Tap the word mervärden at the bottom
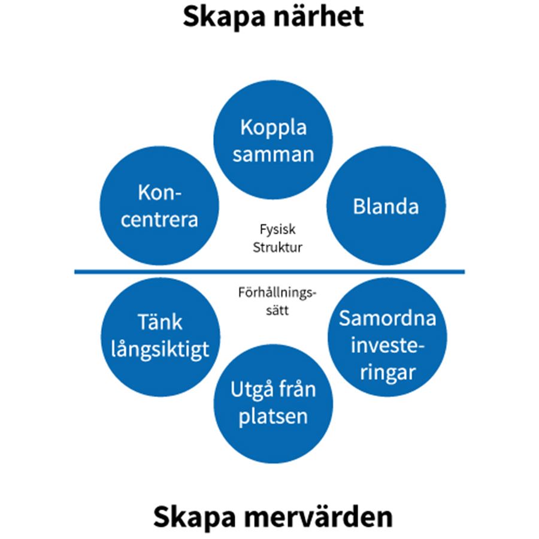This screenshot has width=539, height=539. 324,516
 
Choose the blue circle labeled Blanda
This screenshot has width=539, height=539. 386,207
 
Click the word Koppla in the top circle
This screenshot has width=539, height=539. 273,128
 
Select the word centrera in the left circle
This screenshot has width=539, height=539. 159,219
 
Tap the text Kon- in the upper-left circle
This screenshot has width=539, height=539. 159,193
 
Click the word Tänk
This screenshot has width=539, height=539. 159,323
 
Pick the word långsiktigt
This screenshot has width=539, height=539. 161,349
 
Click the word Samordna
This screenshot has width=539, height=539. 387,317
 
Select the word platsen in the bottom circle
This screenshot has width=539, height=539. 273,416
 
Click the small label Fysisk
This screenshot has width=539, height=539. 277,229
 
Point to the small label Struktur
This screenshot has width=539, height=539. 277,247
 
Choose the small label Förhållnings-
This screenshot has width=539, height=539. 276,293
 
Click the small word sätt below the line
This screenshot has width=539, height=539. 276,311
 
